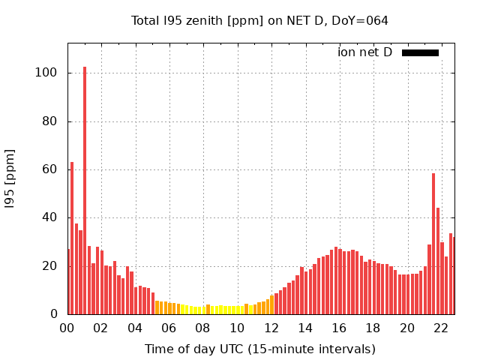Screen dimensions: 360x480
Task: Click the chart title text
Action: [259, 20]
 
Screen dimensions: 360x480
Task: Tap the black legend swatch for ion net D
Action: [420, 52]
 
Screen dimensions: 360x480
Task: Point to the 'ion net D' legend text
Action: [364, 52]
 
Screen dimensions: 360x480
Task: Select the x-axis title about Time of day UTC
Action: [259, 349]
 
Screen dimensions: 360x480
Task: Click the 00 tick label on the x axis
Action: [67, 328]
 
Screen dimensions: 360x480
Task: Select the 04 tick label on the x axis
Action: [135, 328]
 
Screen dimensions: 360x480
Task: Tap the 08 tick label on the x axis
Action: [203, 328]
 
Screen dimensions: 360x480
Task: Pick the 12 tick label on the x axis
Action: [271, 328]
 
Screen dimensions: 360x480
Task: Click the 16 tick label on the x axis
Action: [339, 328]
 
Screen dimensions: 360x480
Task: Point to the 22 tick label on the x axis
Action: [441, 328]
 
